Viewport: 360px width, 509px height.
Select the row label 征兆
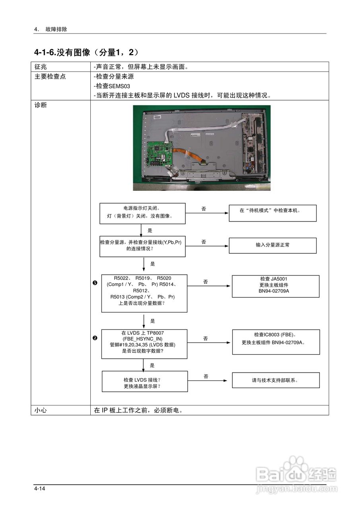[x=41, y=67]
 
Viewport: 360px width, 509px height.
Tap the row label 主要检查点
[x=50, y=76]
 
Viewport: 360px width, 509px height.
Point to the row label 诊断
[x=41, y=105]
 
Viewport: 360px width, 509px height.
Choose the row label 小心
[x=41, y=410]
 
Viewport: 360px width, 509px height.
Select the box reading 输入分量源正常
[x=272, y=245]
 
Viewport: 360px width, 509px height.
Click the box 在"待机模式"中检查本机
[x=272, y=213]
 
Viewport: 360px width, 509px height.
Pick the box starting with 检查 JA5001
[x=275, y=286]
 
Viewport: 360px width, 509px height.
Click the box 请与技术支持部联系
[x=275, y=380]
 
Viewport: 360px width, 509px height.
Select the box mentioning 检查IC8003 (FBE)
[x=275, y=342]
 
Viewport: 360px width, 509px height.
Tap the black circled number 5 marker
[x=95, y=283]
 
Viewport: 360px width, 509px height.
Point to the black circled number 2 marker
[x=95, y=338]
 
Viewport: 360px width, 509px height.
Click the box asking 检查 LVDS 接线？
[x=145, y=381]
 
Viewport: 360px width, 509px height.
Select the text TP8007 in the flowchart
[x=155, y=333]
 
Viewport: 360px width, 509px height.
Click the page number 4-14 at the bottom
[x=39, y=488]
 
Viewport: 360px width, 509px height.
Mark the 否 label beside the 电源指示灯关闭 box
[x=204, y=209]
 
